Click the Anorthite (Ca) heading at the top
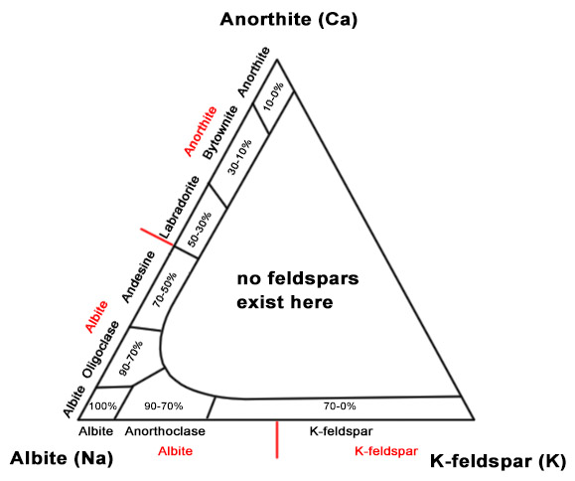(x=289, y=20)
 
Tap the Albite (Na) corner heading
(x=62, y=458)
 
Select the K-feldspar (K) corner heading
(x=498, y=461)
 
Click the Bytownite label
(x=220, y=132)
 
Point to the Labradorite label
(x=180, y=208)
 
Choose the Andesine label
(x=138, y=276)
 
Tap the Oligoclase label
(x=101, y=349)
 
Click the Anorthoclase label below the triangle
(x=165, y=431)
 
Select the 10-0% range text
(x=273, y=96)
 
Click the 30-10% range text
(x=239, y=157)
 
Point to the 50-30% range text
(x=200, y=230)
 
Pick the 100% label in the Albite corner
(x=103, y=406)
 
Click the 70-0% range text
(x=340, y=406)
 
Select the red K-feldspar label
(x=386, y=451)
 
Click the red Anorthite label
(x=201, y=131)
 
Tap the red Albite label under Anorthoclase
(x=176, y=451)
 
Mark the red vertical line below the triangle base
(x=277, y=440)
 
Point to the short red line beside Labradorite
(x=157, y=237)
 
